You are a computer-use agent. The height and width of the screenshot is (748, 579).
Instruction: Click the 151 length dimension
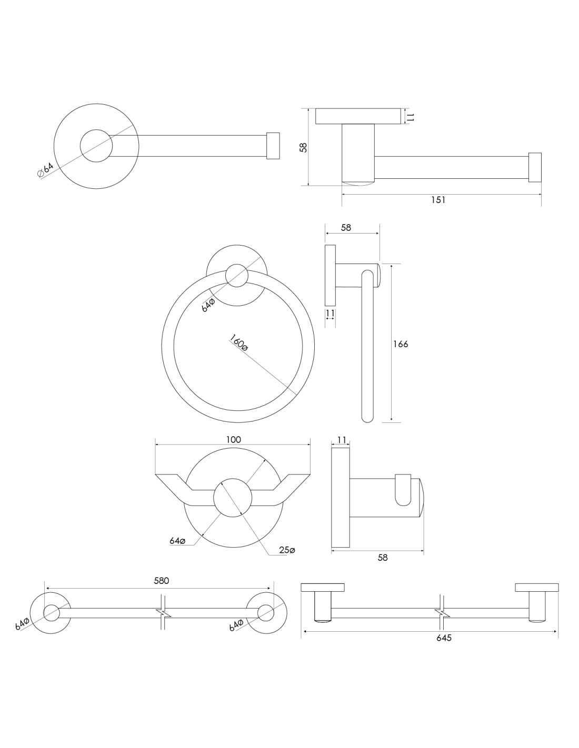point(438,200)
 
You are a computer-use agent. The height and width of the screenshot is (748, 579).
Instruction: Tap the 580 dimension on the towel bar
point(161,581)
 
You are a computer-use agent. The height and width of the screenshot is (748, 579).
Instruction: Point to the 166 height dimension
point(401,344)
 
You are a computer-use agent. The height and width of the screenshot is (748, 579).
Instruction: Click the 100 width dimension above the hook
point(233,439)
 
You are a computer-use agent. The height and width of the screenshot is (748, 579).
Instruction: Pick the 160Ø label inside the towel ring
point(238,343)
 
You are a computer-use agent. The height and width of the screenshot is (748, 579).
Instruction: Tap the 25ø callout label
point(287,550)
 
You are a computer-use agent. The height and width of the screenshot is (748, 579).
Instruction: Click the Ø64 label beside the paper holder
point(46,170)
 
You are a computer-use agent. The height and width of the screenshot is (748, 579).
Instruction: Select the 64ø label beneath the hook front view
point(177,541)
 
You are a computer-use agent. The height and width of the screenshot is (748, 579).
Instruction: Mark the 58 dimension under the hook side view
point(383,558)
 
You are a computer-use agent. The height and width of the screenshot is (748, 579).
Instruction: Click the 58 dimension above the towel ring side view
point(346,228)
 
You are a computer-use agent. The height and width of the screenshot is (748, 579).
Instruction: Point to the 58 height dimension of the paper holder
point(303,147)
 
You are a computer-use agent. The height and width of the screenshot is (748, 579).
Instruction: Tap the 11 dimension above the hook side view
point(341,440)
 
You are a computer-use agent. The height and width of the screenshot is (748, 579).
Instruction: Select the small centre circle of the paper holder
point(96,145)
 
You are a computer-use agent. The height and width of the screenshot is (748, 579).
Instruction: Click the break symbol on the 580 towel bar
point(163,613)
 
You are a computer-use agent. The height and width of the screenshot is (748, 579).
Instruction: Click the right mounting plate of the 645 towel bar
point(536,588)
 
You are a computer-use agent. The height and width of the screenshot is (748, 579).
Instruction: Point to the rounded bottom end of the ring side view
point(367,417)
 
